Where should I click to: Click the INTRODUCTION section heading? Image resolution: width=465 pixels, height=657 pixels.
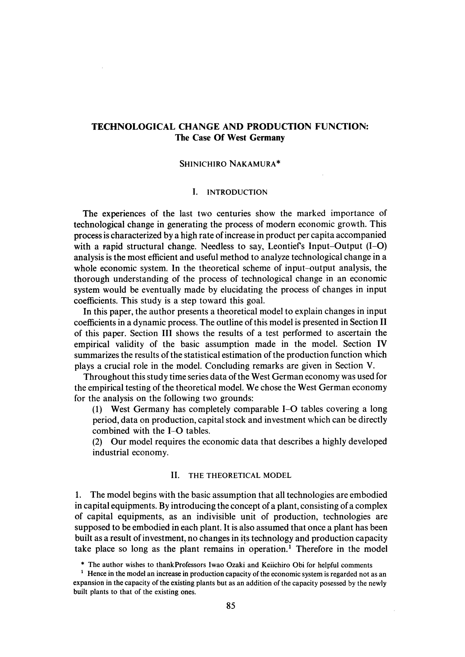pyautogui.click(x=237, y=192)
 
